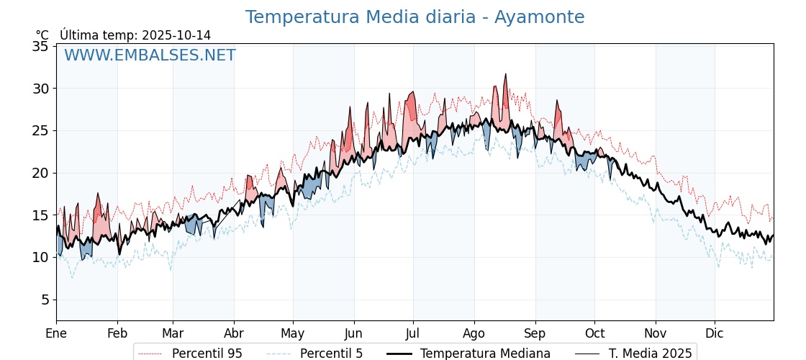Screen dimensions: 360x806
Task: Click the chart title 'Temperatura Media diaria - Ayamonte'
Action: (x=415, y=17)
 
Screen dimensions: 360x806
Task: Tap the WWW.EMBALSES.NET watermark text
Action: (x=150, y=55)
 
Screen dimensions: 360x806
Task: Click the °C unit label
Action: (x=42, y=35)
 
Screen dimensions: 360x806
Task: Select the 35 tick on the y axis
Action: (x=40, y=46)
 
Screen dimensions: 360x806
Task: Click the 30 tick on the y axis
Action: (x=40, y=89)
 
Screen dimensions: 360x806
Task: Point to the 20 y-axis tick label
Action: (x=40, y=173)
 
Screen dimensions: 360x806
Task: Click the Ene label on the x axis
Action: (x=56, y=333)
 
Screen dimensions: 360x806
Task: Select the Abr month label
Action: (x=234, y=333)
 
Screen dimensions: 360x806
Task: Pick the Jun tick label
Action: (x=354, y=333)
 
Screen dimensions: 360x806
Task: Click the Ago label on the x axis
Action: (x=474, y=333)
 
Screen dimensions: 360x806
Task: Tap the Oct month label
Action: (x=594, y=333)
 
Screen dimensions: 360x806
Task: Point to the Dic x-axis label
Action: (x=715, y=333)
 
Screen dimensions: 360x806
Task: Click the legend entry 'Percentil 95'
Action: (x=207, y=354)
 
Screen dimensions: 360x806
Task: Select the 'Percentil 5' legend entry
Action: (x=331, y=354)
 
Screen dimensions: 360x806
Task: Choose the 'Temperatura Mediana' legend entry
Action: (x=485, y=354)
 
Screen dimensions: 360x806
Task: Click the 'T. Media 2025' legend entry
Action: (x=650, y=354)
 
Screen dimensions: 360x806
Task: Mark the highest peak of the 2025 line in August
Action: (x=505, y=73)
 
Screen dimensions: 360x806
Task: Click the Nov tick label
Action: (x=656, y=333)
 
